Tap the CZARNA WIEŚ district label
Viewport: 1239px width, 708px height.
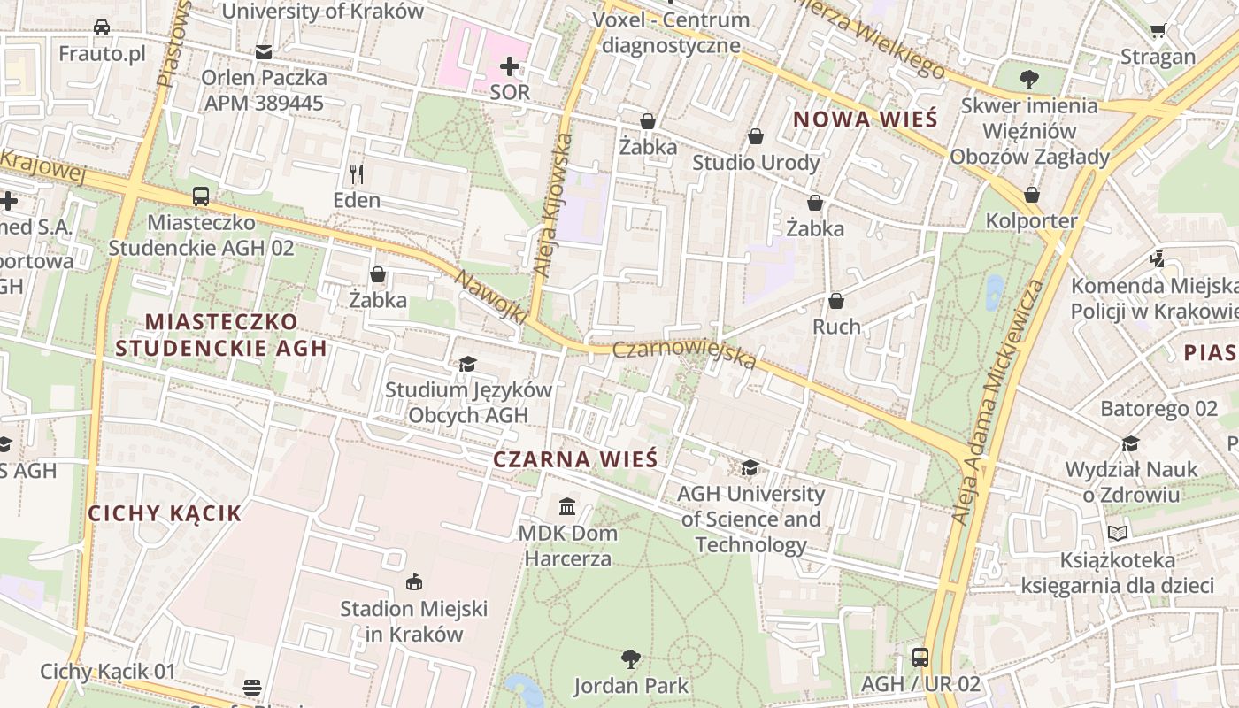[575, 459]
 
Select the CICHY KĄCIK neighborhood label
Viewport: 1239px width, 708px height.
[165, 513]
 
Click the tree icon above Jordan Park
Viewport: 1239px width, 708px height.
[630, 659]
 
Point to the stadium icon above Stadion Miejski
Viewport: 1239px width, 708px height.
[413, 581]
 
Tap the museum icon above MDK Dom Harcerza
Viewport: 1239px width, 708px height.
[567, 507]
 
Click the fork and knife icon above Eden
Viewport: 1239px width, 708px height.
[357, 173]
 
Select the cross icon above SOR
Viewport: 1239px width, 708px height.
[510, 66]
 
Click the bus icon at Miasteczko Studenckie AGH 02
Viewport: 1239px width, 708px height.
[201, 196]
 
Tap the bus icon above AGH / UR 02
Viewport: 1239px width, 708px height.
[920, 658]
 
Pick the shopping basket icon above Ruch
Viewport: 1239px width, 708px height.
[835, 301]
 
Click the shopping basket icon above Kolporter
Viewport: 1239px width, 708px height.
[1031, 195]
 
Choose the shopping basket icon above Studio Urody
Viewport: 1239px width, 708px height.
[755, 136]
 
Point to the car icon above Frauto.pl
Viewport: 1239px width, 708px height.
[102, 27]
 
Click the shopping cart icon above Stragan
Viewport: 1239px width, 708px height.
[1158, 31]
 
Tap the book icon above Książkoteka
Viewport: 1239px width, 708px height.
[1118, 533]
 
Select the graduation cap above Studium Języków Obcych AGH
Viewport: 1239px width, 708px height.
[467, 364]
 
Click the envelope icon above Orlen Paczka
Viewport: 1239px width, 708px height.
[264, 52]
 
